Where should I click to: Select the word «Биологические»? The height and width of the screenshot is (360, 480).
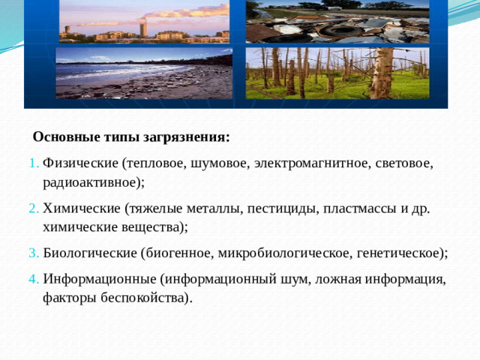90,253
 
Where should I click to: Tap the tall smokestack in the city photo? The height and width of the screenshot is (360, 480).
142,28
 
